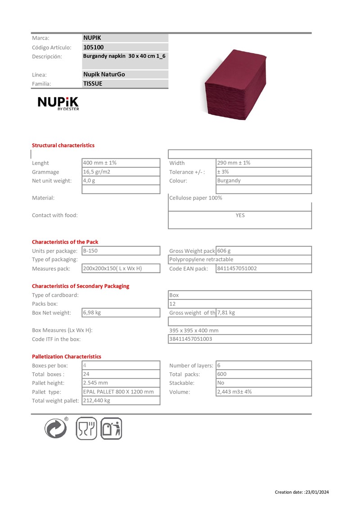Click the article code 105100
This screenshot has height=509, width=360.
pyautogui.click(x=94, y=47)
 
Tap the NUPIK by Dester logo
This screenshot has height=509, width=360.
pyautogui.click(x=58, y=104)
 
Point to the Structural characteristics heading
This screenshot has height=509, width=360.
pyautogui.click(x=63, y=145)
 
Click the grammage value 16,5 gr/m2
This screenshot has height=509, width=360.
pyautogui.click(x=97, y=172)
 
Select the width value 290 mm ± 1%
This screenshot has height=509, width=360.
pyautogui.click(x=234, y=163)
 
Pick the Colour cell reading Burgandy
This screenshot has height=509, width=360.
pyautogui.click(x=229, y=181)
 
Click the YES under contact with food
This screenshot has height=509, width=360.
pyautogui.click(x=240, y=215)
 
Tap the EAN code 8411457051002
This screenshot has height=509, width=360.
pyautogui.click(x=237, y=268)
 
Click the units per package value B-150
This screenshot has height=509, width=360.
pyautogui.click(x=90, y=250)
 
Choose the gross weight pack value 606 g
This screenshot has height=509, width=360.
pyautogui.click(x=224, y=250)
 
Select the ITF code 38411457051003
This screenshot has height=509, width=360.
pyautogui.click(x=190, y=339)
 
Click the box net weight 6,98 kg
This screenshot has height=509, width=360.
pyautogui.click(x=92, y=313)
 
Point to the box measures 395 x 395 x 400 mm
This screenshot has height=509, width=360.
pyautogui.click(x=194, y=330)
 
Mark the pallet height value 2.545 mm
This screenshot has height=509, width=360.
pyautogui.click(x=95, y=383)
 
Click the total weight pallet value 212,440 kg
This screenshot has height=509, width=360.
pyautogui.click(x=96, y=400)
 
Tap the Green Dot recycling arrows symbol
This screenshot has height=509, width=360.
pyautogui.click(x=56, y=428)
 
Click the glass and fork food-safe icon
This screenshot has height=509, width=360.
pyautogui.click(x=86, y=428)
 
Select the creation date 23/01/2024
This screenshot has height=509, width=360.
pyautogui.click(x=317, y=492)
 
